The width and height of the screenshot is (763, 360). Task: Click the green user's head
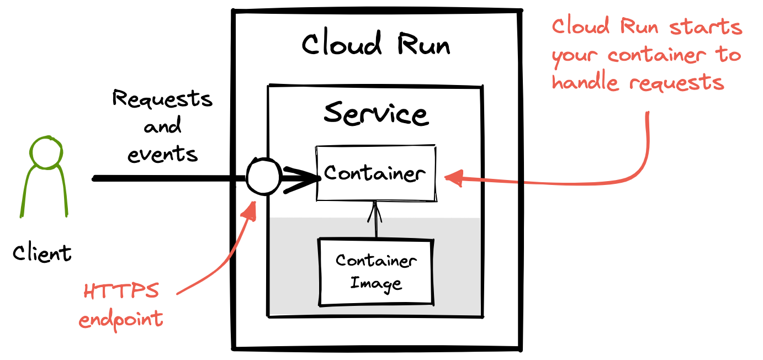(x=46, y=152)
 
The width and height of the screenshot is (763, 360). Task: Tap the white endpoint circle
(x=263, y=177)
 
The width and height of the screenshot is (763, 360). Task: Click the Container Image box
(x=376, y=272)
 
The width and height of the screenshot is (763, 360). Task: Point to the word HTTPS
(x=121, y=291)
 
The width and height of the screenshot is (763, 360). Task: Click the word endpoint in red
(x=121, y=320)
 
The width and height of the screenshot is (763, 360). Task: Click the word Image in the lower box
(x=376, y=284)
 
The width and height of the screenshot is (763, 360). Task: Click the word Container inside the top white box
(x=375, y=173)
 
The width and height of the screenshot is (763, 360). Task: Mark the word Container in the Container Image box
(x=376, y=260)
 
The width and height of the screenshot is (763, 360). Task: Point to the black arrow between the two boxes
(x=376, y=225)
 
